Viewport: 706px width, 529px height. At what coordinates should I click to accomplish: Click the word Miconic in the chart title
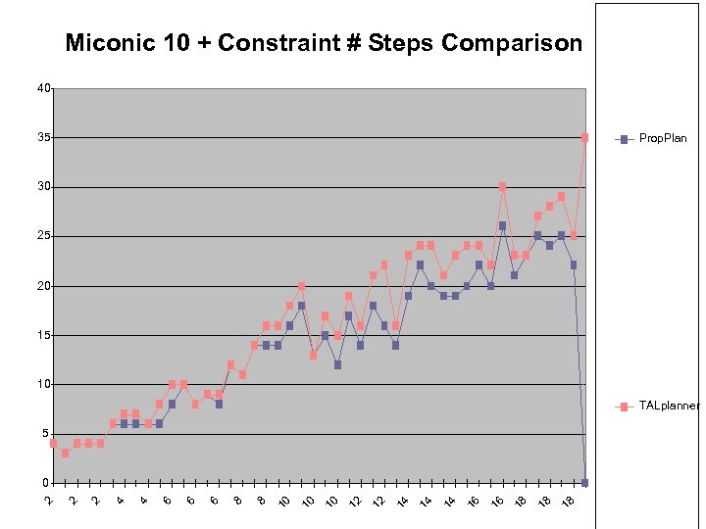coord(108,44)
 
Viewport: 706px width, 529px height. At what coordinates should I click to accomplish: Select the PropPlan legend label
coord(663,138)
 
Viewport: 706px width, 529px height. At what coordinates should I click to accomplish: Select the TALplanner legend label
coord(670,406)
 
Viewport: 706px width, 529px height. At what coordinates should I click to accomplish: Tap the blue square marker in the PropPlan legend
coord(623,138)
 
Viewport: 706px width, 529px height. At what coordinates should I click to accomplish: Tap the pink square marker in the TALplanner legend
coord(623,406)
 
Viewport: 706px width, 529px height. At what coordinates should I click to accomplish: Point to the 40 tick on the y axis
coord(43,88)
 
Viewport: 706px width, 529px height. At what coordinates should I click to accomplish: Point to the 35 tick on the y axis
coord(43,138)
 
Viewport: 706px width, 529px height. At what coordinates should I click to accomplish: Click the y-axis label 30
coord(43,187)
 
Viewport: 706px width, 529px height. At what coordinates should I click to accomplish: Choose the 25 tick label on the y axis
coord(43,237)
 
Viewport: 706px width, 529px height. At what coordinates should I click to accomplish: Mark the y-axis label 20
coord(43,286)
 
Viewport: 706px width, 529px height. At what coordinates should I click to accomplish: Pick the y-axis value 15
coord(43,335)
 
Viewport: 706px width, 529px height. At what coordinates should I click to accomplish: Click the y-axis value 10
coord(43,385)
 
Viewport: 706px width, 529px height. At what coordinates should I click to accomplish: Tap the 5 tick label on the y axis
coord(46,434)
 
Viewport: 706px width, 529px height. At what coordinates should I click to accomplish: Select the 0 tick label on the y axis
coord(46,483)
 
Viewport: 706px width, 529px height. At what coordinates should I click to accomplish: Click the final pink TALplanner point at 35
coord(584,138)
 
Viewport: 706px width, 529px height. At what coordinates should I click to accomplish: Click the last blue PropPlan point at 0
coord(584,483)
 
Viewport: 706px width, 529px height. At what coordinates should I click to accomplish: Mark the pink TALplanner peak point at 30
coord(502,187)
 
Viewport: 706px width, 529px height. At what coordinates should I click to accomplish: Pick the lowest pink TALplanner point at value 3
coord(65,454)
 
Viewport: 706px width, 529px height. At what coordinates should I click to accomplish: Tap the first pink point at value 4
coord(53,444)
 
